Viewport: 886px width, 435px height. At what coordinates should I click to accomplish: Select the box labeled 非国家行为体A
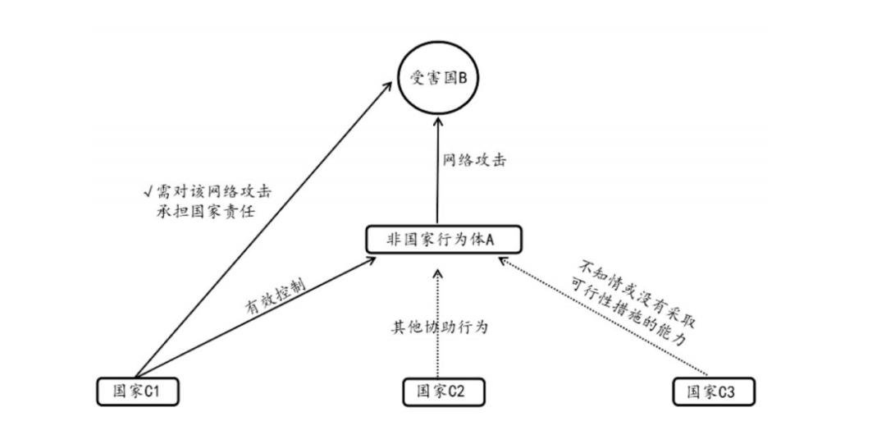point(443,240)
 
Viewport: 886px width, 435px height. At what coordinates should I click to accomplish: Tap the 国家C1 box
point(137,391)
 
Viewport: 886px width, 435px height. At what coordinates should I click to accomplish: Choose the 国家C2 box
point(443,392)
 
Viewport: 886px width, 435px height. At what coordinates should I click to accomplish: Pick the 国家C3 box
point(714,391)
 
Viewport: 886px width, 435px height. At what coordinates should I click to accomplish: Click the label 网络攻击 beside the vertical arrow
point(474,160)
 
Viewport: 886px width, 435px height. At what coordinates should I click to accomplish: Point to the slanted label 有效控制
point(275,294)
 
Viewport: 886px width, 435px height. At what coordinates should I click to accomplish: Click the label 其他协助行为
point(439,327)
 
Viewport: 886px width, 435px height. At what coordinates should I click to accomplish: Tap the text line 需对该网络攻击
point(213,192)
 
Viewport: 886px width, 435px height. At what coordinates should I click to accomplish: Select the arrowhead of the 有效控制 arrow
point(369,261)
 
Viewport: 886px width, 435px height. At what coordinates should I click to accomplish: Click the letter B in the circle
point(461,79)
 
